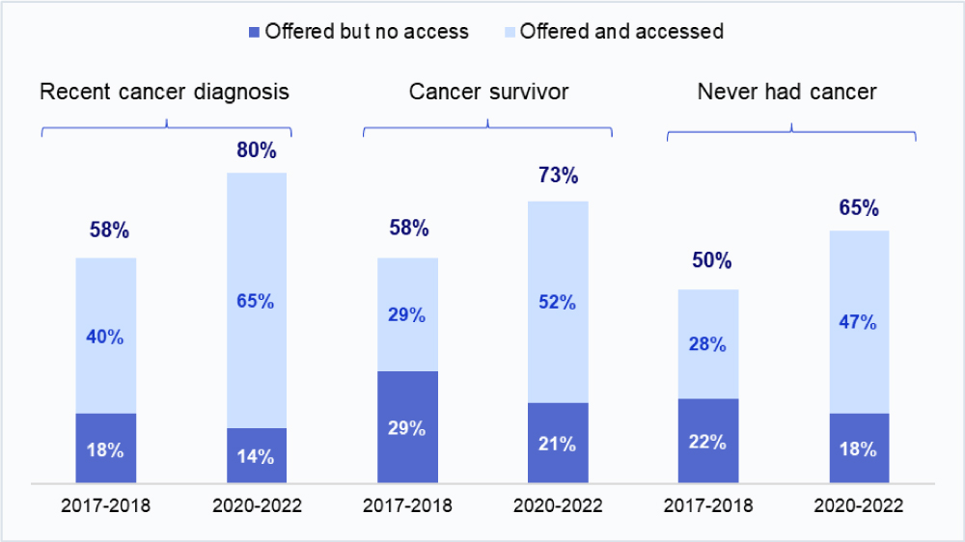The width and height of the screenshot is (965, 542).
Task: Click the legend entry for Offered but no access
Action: click(359, 31)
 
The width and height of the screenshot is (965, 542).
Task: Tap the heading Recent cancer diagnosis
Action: click(164, 92)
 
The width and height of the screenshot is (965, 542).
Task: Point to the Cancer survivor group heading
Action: click(488, 92)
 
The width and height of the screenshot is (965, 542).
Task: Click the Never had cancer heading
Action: click(786, 92)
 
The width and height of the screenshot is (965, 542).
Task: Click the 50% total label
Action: click(708, 261)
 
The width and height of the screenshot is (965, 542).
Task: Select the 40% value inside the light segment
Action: click(105, 337)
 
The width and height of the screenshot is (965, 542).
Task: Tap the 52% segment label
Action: click(558, 302)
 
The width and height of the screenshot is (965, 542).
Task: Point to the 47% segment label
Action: click(858, 322)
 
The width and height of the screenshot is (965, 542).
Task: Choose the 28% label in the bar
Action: click(708, 344)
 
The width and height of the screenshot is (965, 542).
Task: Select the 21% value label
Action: click(558, 444)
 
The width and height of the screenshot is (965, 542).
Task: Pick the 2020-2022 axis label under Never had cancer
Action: click(858, 507)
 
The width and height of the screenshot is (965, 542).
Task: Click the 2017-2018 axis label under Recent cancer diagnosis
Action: click(105, 507)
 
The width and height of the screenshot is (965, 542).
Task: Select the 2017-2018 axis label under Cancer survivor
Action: click(407, 507)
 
